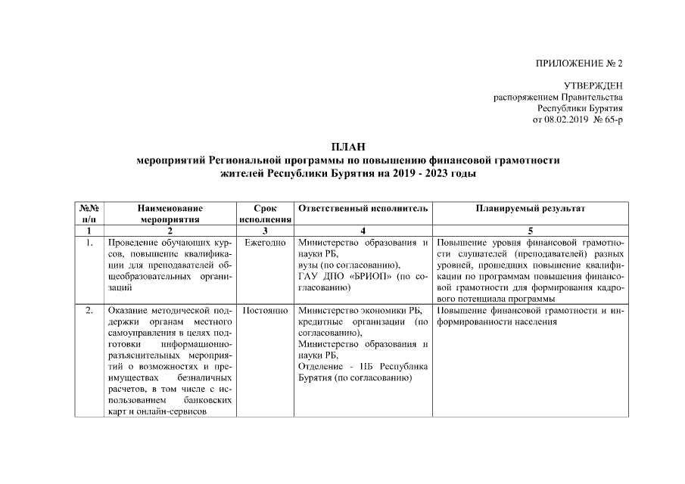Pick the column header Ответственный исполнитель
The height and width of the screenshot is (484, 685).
click(363, 208)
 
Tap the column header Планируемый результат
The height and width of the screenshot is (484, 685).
click(530, 208)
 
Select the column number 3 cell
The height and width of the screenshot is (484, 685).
click(265, 231)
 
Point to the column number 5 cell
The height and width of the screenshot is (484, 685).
click(530, 231)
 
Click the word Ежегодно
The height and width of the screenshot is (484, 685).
click(265, 244)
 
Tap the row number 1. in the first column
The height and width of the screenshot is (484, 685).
click(89, 244)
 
